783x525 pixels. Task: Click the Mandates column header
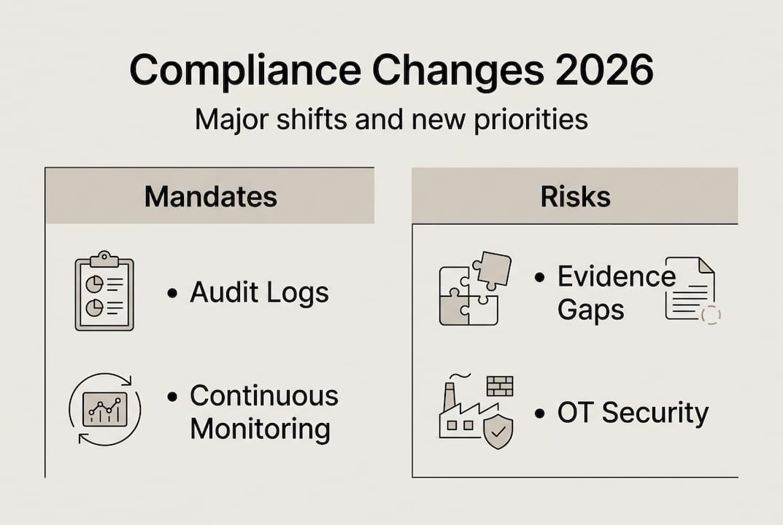click(210, 196)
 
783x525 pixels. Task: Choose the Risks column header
click(575, 196)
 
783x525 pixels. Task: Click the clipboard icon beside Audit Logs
click(104, 291)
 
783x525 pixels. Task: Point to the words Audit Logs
click(259, 292)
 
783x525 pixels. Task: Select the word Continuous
click(264, 396)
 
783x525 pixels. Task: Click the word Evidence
click(617, 276)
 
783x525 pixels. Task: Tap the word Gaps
click(590, 309)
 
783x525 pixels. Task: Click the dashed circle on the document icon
click(709, 314)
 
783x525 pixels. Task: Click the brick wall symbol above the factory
click(500, 386)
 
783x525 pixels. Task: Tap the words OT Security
click(633, 413)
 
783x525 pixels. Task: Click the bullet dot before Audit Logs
click(171, 293)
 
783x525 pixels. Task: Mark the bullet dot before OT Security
click(539, 414)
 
